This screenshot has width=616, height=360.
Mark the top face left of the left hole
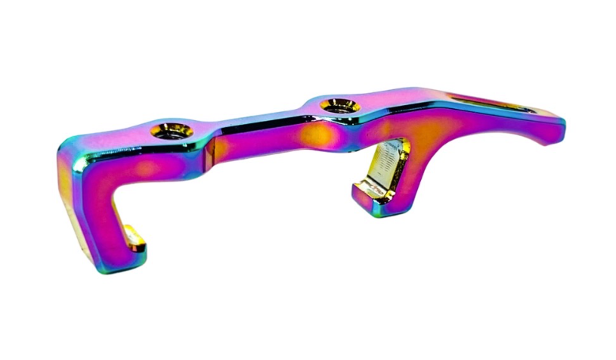point(121,136)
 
